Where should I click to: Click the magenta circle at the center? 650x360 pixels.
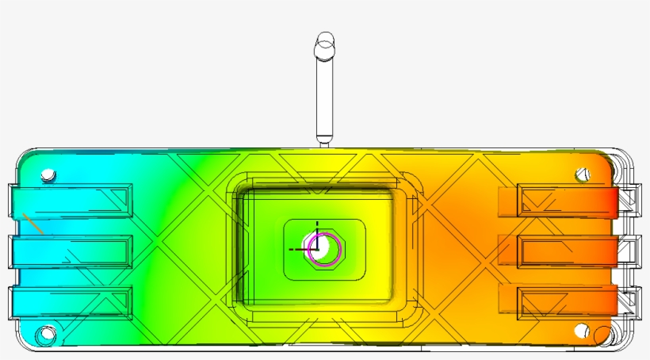325,248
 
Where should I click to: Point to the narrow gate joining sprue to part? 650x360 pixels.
324,144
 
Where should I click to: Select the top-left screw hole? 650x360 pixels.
48,174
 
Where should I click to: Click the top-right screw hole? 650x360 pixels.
583,174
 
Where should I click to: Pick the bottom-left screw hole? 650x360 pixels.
47,335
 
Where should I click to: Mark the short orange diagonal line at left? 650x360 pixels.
32,223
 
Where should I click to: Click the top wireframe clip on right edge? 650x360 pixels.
631,201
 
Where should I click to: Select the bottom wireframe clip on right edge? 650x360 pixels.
631,302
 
